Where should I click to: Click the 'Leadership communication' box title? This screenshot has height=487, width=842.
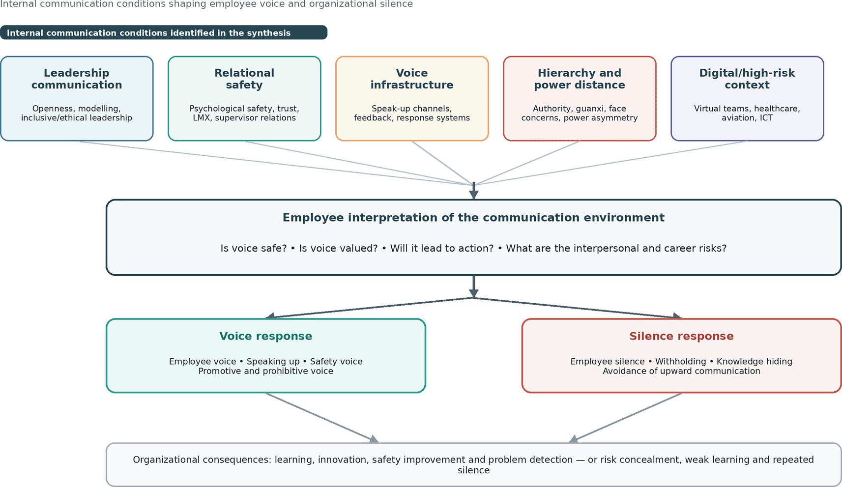click(77, 79)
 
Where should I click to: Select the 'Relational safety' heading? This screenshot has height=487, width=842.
click(244, 79)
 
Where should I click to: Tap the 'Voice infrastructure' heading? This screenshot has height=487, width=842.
click(412, 79)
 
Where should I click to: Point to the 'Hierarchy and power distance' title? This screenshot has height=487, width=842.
click(580, 79)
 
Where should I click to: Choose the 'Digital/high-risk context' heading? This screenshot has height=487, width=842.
click(747, 79)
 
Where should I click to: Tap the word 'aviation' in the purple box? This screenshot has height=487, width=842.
click(738, 118)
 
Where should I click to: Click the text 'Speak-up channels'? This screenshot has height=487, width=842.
click(411, 109)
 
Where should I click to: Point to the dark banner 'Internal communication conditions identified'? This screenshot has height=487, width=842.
click(164, 33)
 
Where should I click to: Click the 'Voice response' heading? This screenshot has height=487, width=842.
click(266, 336)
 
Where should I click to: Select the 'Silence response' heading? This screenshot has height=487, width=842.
click(681, 336)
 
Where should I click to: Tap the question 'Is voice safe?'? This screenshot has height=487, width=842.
click(254, 248)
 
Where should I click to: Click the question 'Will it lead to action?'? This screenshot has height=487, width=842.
click(442, 248)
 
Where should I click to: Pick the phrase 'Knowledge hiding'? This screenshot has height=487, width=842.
click(755, 362)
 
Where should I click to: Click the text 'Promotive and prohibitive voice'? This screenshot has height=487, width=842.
click(266, 371)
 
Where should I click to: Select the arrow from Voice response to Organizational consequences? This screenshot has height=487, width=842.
click(322, 418)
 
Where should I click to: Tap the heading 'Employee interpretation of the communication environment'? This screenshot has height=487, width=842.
click(474, 218)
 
